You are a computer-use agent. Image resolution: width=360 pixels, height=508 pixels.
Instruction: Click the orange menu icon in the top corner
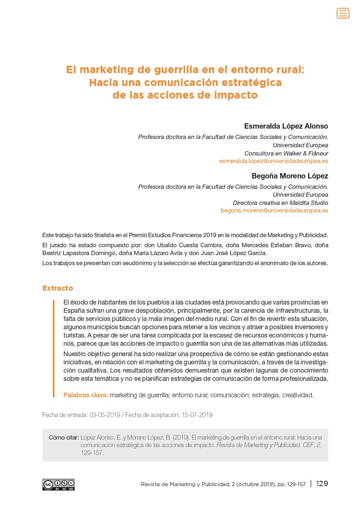(343, 13)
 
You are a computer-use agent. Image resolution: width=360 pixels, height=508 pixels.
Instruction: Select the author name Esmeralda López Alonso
(286, 126)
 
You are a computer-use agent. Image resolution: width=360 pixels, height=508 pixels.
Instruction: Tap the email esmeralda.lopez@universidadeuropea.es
(274, 161)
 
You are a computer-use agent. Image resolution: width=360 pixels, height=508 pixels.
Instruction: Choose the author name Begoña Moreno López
(290, 176)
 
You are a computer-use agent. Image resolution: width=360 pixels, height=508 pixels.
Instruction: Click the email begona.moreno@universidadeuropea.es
(274, 210)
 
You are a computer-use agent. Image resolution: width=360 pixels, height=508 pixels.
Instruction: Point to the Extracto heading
(58, 288)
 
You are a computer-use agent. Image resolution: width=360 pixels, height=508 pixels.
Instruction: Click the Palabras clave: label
(85, 395)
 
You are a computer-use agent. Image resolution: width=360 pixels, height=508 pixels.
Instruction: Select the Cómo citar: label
(64, 437)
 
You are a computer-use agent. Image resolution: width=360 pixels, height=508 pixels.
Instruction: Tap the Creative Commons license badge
(59, 485)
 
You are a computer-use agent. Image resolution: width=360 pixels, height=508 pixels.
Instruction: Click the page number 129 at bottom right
(322, 484)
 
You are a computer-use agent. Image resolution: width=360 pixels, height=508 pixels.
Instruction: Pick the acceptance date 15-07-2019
(197, 415)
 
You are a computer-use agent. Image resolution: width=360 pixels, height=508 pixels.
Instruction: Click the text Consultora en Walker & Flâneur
(286, 153)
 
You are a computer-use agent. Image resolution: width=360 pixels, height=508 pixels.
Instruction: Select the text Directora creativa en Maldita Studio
(280, 202)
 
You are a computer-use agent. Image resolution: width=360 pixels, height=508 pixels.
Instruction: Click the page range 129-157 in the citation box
(92, 452)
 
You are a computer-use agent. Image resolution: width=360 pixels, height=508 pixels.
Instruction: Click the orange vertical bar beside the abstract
(54, 347)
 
